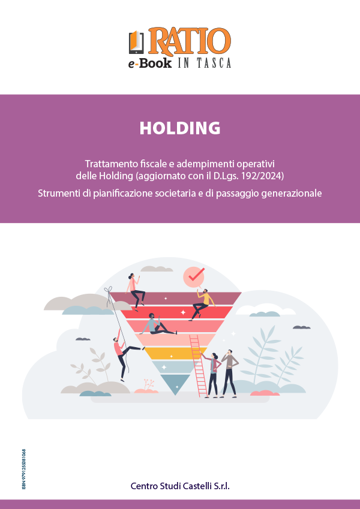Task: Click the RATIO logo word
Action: pos(190,41)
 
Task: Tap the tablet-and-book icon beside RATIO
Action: pos(136,42)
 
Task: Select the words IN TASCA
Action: pos(205,63)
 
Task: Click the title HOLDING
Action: pos(180,128)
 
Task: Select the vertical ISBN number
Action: pos(24,469)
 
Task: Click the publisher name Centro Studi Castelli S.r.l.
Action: pos(180,486)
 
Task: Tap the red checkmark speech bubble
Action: pos(194,276)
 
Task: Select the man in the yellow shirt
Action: pos(202,304)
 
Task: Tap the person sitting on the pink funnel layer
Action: pos(157,324)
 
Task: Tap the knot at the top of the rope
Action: pos(109,290)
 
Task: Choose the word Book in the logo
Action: pos(155,63)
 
